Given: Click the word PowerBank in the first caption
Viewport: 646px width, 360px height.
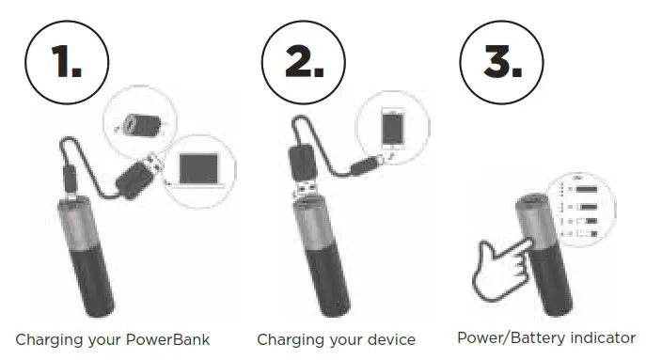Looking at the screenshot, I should coord(175,338).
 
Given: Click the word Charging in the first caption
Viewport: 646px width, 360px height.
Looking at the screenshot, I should coord(43,338).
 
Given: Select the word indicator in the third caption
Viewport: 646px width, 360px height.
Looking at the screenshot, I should coord(603,337).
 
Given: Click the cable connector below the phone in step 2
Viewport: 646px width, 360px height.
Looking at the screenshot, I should coord(362,166).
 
